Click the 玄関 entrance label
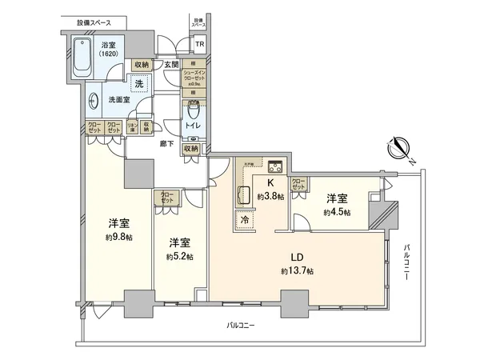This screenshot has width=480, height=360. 171,65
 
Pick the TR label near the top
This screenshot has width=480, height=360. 199,45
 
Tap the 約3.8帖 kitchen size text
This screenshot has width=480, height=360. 270,198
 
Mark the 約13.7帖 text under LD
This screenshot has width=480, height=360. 297,272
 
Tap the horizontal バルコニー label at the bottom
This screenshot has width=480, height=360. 241,326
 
